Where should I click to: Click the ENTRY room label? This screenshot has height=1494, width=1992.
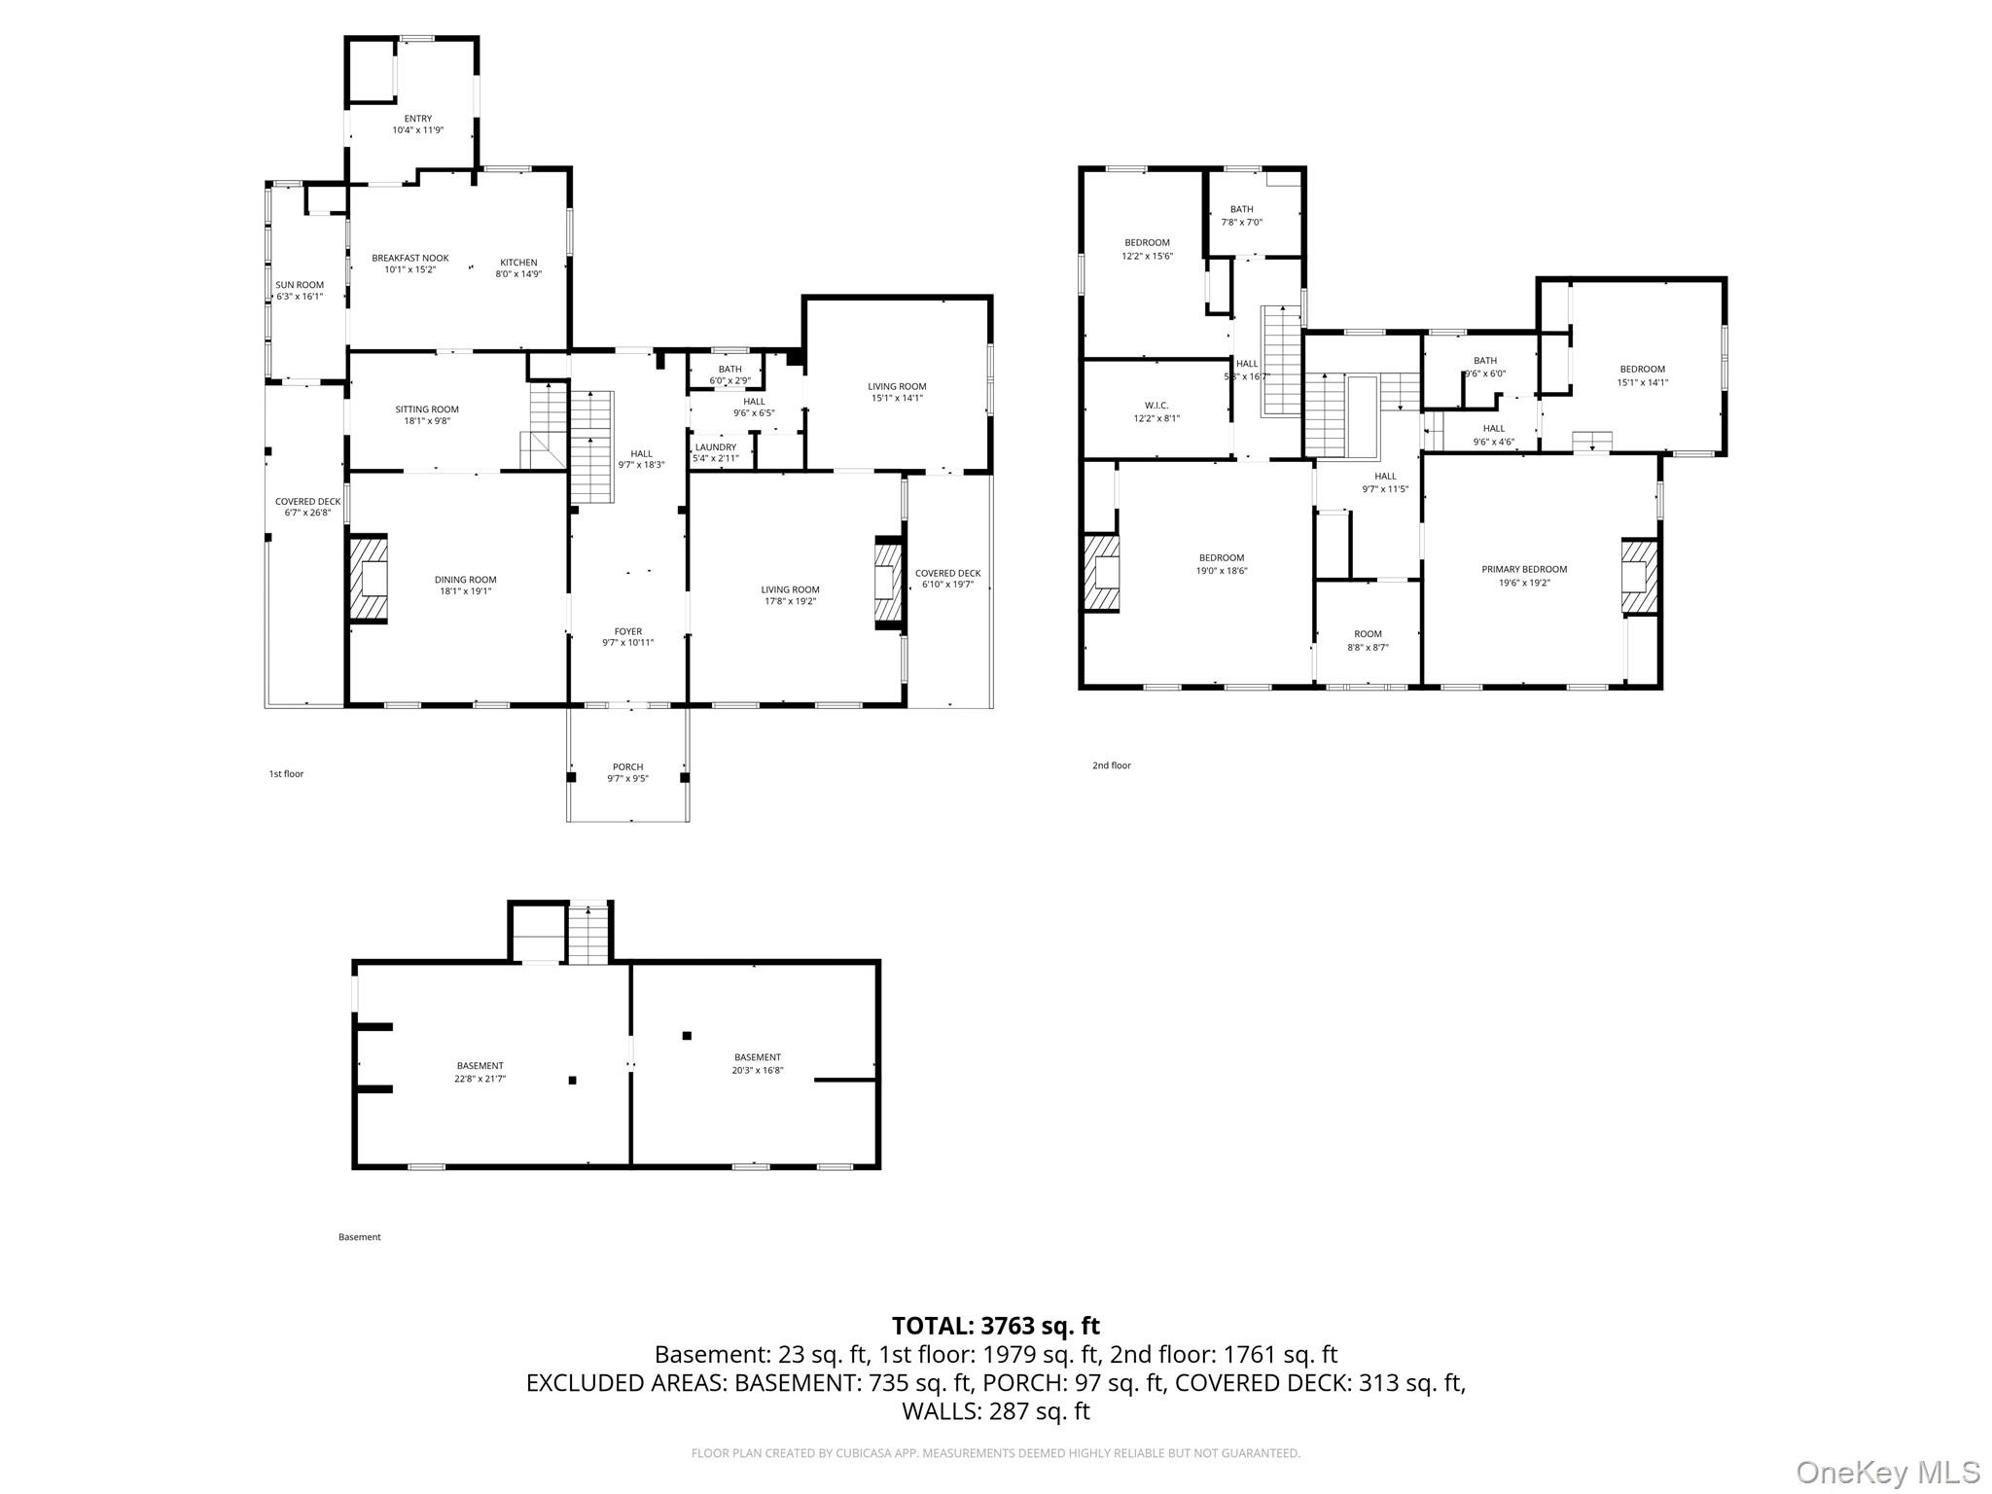point(418,119)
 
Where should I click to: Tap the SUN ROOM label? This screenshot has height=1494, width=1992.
point(300,285)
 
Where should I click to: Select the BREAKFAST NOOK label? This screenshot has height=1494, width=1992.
point(410,258)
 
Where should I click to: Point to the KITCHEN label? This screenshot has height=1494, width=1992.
point(518,262)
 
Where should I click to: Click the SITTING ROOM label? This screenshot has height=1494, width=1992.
point(427,409)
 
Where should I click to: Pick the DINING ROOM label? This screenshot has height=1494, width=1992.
point(466,580)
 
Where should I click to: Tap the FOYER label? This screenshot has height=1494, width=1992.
point(628,631)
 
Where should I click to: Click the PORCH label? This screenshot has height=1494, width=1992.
point(628,766)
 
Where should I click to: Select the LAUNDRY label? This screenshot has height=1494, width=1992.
point(716,447)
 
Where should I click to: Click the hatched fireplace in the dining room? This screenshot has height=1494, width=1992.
point(369,579)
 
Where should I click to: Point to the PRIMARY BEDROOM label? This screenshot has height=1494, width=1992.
point(1524,569)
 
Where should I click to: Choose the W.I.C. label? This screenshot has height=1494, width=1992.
point(1156,406)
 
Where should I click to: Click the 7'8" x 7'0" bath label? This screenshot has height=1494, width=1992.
point(1242,222)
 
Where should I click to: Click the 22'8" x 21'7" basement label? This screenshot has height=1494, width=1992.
point(480,1078)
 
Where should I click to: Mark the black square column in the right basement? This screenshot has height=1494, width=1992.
point(687,1036)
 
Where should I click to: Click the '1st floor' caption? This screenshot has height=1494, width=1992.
point(286,774)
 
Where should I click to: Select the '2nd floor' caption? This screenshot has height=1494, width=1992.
point(1112,765)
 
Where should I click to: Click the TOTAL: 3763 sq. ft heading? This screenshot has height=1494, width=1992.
point(996,1326)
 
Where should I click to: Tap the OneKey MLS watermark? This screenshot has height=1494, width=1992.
point(1888,1472)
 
